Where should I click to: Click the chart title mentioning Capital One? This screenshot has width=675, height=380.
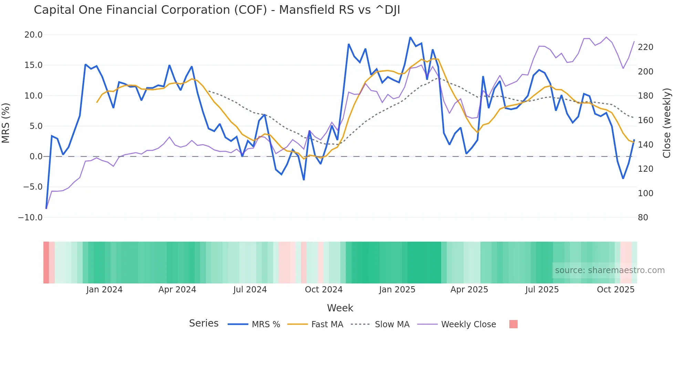[x=217, y=10]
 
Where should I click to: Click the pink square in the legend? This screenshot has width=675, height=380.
[x=513, y=324]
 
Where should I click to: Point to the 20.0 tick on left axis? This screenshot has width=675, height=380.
[x=33, y=35]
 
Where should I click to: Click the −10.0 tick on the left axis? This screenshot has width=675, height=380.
[x=30, y=218]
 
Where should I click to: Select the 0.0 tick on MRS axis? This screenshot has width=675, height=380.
[x=36, y=157]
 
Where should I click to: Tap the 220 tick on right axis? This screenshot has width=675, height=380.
[x=645, y=47]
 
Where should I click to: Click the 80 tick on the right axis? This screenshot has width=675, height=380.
[x=643, y=218]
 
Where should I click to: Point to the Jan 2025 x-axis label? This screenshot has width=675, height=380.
[x=397, y=290]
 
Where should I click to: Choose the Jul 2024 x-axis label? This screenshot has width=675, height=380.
[x=250, y=290]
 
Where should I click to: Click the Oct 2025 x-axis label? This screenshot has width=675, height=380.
[x=615, y=290]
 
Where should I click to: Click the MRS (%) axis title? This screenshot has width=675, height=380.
[x=6, y=123]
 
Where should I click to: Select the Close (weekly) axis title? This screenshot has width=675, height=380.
[x=667, y=123]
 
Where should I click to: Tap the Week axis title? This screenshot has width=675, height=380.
[x=340, y=308]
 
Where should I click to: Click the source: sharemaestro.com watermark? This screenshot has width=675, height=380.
[x=610, y=270]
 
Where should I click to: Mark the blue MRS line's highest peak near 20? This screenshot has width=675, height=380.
[x=410, y=37]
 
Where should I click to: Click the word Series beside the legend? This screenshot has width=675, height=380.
[x=204, y=323]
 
